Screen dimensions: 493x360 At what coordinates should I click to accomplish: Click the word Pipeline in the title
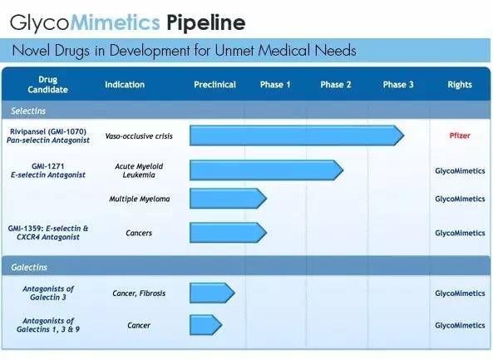(x=206, y=23)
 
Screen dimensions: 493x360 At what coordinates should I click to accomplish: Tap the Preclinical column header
(x=214, y=85)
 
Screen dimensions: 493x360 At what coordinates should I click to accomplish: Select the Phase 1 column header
(x=275, y=85)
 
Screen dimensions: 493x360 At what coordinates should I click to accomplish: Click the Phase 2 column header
(x=336, y=85)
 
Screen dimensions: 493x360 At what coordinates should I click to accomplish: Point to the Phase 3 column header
(x=398, y=85)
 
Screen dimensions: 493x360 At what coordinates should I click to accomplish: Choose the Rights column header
(x=460, y=85)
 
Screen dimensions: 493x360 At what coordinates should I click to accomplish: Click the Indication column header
(x=125, y=85)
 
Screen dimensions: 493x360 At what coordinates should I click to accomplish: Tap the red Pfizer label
(x=460, y=136)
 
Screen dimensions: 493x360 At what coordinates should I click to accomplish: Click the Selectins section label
(x=28, y=111)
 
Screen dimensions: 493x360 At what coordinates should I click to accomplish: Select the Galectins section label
(x=29, y=267)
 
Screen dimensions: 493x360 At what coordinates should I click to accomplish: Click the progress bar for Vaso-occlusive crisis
(x=297, y=136)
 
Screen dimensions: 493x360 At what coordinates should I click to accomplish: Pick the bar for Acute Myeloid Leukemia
(x=266, y=170)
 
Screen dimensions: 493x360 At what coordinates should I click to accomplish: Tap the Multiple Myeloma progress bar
(x=229, y=199)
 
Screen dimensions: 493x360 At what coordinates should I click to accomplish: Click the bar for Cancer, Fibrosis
(x=212, y=293)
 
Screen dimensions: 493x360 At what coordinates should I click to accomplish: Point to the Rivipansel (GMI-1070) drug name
(x=48, y=131)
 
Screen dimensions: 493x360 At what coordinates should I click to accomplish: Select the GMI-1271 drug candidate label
(x=47, y=166)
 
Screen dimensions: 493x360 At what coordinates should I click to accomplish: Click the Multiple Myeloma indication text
(x=140, y=199)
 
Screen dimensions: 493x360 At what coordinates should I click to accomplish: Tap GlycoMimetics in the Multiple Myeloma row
(x=460, y=199)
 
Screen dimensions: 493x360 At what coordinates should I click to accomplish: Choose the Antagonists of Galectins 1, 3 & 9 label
(x=48, y=325)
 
